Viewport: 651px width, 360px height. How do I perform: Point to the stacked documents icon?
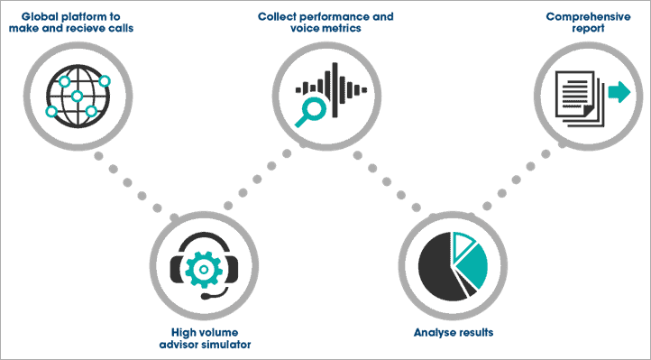click(578, 101)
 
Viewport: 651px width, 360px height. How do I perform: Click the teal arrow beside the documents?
click(618, 91)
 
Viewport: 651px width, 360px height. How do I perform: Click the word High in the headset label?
click(183, 330)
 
